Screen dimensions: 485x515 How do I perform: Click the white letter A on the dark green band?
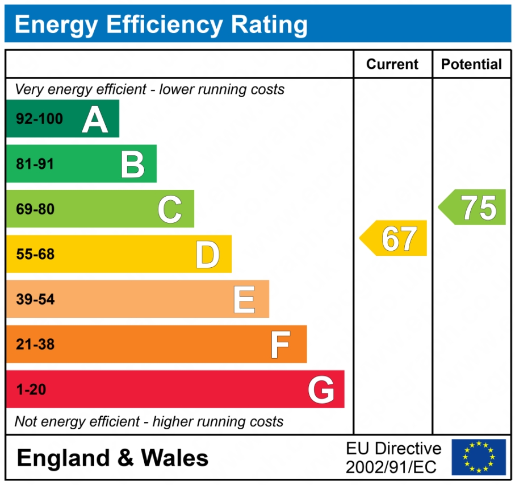(x=95, y=119)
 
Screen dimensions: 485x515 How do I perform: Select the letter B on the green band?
(x=133, y=164)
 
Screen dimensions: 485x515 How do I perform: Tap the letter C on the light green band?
(x=170, y=209)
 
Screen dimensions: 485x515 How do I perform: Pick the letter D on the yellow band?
(x=207, y=255)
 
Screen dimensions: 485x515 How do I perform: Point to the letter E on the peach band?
(x=244, y=300)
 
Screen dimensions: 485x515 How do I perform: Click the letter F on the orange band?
(x=280, y=345)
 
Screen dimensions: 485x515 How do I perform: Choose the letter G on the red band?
(x=321, y=390)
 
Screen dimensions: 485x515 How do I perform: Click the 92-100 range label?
(x=40, y=119)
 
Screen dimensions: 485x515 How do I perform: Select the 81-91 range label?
(x=35, y=164)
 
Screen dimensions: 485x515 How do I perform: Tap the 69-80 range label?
(x=35, y=209)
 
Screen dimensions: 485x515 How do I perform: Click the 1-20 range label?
(x=31, y=390)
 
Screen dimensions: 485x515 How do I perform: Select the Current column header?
(x=392, y=64)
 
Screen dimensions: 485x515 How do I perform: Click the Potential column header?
(x=471, y=64)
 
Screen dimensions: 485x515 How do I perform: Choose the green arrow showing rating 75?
(x=473, y=208)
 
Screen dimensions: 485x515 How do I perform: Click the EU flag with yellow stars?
(x=479, y=457)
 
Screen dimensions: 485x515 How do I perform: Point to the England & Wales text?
(x=112, y=458)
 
